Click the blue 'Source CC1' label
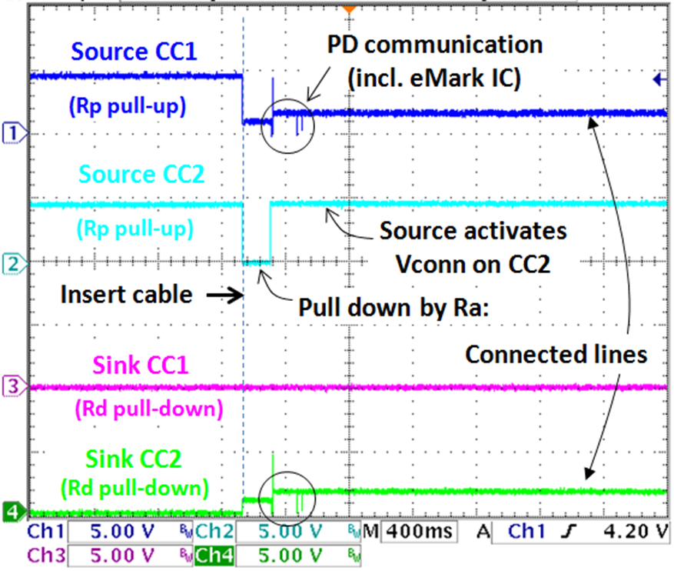(x=135, y=53)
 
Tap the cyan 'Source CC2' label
(x=141, y=175)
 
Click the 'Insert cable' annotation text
(x=127, y=295)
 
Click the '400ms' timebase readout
(x=421, y=532)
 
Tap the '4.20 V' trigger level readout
(x=637, y=532)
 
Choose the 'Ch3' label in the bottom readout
(x=46, y=553)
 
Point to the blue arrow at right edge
(x=658, y=78)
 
